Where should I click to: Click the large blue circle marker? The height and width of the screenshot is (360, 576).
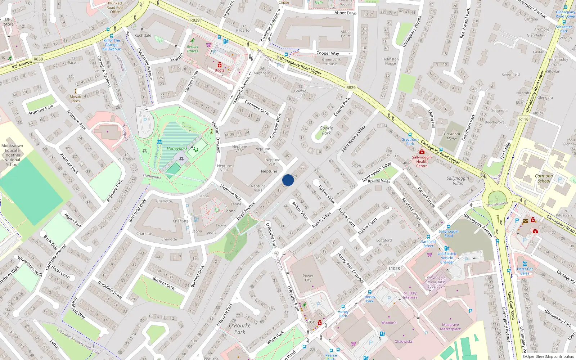[x=288, y=180]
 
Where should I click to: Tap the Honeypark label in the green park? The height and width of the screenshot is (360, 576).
[x=177, y=148]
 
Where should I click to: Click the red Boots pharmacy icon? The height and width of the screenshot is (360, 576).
[x=219, y=65]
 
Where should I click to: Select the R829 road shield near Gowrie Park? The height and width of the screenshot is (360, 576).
[x=351, y=87]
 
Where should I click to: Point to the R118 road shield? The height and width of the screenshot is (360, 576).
[x=524, y=119]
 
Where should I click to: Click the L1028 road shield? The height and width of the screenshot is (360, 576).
[x=394, y=269]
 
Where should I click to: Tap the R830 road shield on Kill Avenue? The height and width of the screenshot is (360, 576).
[x=38, y=59]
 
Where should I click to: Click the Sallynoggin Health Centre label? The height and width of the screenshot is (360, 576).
[x=422, y=162]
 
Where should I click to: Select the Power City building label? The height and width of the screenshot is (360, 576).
[x=308, y=278]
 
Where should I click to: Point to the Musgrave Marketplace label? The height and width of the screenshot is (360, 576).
[x=450, y=327]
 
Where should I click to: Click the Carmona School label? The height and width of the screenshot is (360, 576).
[x=544, y=179]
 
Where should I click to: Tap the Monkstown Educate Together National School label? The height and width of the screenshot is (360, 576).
[x=12, y=155]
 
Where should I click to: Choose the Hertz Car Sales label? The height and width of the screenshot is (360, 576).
[x=525, y=271]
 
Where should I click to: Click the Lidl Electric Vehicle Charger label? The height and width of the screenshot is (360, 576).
[x=447, y=258]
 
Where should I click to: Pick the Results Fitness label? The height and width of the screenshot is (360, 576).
[x=192, y=49]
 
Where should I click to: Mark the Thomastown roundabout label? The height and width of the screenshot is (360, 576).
[x=497, y=204]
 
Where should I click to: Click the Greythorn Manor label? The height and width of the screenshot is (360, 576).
[x=452, y=136]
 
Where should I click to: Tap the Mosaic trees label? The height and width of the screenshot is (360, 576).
[x=76, y=99]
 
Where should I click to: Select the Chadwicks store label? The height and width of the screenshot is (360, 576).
[x=404, y=342]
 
